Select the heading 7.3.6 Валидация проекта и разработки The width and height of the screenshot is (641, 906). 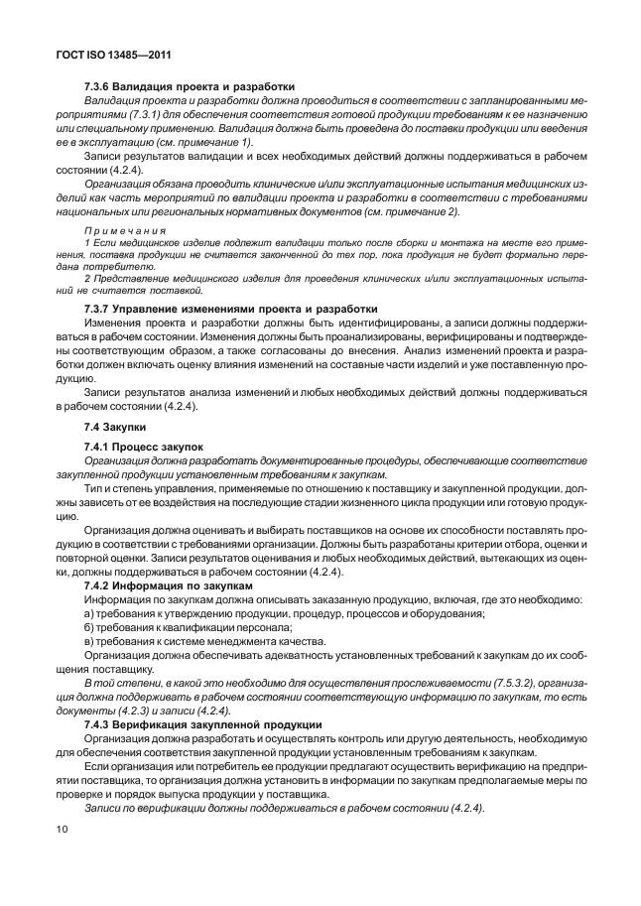click(x=189, y=87)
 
